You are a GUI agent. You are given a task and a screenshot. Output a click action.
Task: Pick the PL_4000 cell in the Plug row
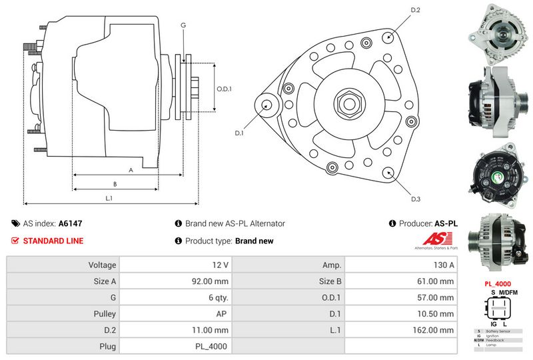[211, 346]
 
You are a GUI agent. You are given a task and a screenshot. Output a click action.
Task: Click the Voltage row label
[102, 265]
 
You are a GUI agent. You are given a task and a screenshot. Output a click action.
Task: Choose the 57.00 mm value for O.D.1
[436, 297]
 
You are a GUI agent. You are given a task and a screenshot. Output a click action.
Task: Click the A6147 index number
[71, 224]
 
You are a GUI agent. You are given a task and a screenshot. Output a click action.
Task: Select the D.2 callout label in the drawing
[415, 10]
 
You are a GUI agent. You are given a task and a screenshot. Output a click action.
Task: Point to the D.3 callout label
[415, 199]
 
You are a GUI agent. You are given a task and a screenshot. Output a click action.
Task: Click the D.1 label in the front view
[240, 133]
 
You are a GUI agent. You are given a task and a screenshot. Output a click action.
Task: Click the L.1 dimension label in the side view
[109, 198]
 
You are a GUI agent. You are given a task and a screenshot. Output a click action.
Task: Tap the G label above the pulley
[183, 25]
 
